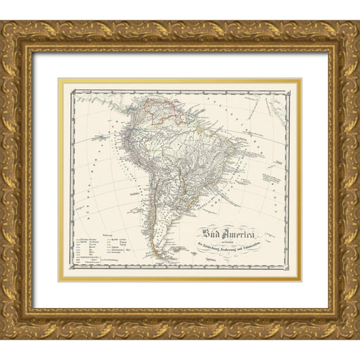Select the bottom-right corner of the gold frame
358,339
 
